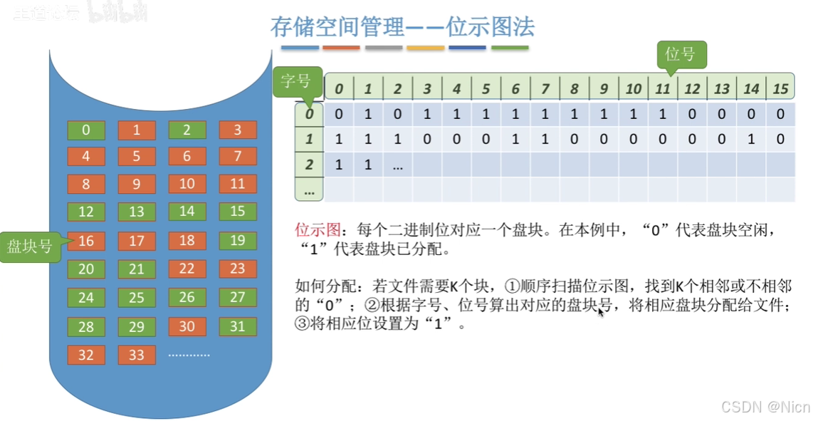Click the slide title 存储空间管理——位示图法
[402, 27]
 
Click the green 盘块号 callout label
[29, 246]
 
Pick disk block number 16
[86, 241]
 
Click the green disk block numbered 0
[86, 130]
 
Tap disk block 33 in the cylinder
[137, 355]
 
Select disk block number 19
[238, 241]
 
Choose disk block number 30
[187, 326]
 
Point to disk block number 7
[238, 156]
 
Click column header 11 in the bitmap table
[663, 89]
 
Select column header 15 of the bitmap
[780, 89]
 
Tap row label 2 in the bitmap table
[309, 165]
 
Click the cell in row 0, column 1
[368, 114]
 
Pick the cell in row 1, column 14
[751, 140]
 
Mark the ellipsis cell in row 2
[397, 165]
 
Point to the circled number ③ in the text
[301, 324]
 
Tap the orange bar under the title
[342, 48]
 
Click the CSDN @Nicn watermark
[765, 407]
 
